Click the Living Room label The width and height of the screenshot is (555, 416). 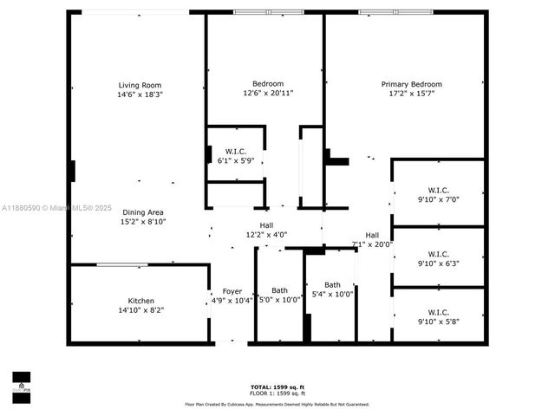(140, 85)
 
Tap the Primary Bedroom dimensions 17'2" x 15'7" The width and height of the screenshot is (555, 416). (411, 94)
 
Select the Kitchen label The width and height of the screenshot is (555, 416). (140, 301)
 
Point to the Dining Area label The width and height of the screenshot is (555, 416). (143, 212)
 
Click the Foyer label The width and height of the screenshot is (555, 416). (232, 291)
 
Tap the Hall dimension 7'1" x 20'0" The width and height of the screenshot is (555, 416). (371, 244)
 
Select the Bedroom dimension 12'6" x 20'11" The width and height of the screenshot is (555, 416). (268, 94)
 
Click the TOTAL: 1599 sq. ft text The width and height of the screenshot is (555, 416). (277, 386)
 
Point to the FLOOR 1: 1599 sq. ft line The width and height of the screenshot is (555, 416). (277, 393)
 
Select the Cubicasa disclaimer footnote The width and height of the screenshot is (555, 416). (277, 404)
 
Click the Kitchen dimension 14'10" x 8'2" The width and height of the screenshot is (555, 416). (140, 310)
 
